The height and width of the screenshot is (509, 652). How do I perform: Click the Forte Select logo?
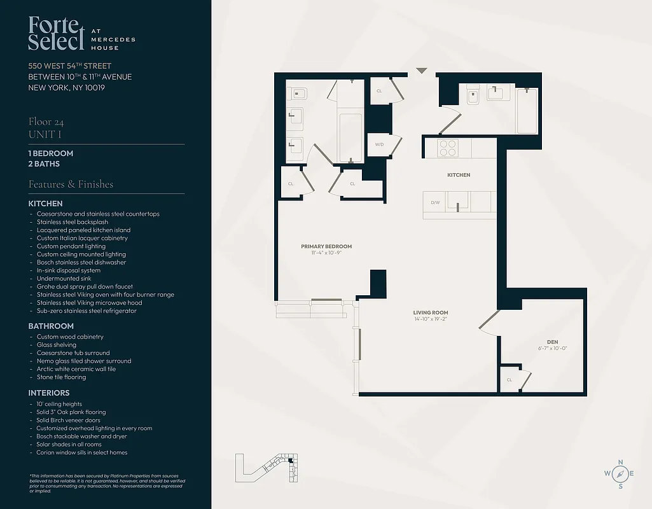click(x=56, y=34)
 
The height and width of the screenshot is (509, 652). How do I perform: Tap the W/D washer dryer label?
click(x=379, y=144)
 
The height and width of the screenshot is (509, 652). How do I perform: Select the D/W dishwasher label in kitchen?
click(x=436, y=203)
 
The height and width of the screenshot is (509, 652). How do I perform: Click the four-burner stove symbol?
click(x=448, y=148)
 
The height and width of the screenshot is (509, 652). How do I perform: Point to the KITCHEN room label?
click(x=458, y=175)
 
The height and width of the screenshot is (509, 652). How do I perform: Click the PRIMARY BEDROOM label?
click(x=326, y=246)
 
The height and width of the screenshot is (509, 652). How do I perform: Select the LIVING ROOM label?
click(x=431, y=312)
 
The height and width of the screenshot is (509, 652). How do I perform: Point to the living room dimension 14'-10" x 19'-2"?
click(x=431, y=319)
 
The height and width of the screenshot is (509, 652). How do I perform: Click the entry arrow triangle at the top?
click(x=421, y=71)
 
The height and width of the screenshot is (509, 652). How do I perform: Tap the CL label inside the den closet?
click(x=510, y=380)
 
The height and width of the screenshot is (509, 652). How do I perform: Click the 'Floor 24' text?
click(x=46, y=122)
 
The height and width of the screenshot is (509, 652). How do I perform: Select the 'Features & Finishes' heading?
click(x=71, y=184)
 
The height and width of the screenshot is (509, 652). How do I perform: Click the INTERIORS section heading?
click(x=49, y=393)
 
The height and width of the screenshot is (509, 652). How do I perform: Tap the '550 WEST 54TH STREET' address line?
click(x=70, y=66)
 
